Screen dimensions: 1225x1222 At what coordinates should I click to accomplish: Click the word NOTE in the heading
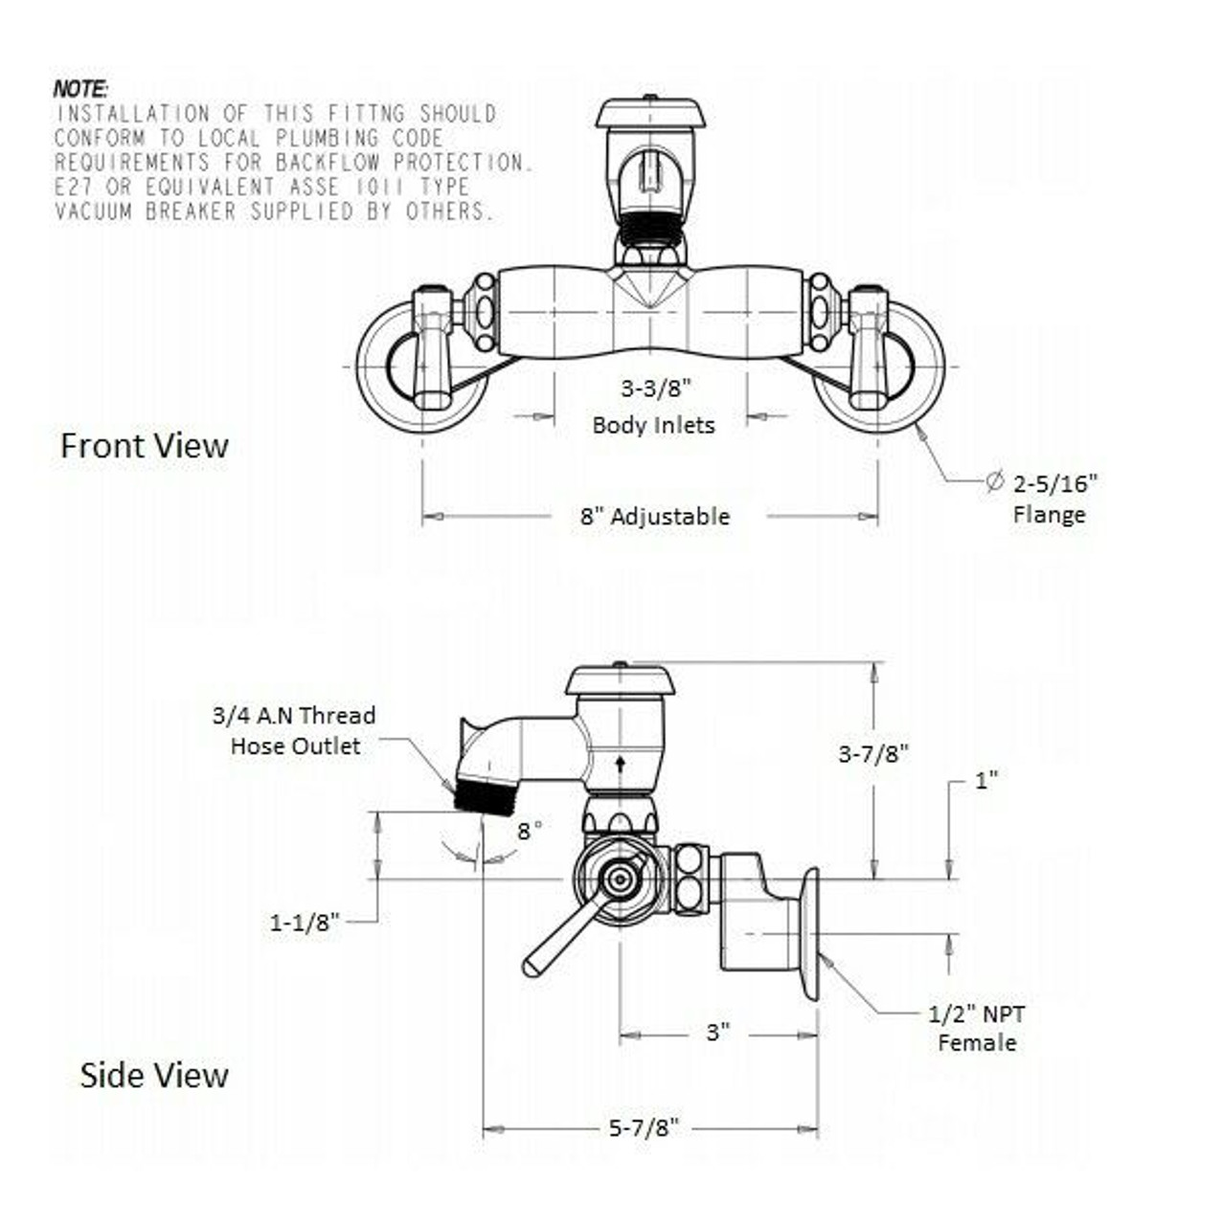pos(80,89)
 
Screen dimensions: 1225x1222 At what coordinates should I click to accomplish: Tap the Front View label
pos(145,446)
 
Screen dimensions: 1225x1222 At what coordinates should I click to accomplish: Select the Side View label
pos(154,1075)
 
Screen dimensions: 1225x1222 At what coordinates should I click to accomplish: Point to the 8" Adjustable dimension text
pos(655,517)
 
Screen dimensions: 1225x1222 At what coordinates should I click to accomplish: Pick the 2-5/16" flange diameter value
pos(1054,483)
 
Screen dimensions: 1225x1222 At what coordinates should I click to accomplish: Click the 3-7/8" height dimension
pos(873,753)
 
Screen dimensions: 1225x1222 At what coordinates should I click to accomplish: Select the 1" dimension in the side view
pos(986,780)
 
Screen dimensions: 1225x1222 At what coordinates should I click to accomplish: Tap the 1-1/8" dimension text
pos(305,923)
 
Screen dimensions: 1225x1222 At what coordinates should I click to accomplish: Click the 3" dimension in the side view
pos(718,1033)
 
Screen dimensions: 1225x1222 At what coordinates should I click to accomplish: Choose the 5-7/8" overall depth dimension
pos(644,1128)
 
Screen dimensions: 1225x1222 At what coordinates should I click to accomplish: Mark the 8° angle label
pos(530,831)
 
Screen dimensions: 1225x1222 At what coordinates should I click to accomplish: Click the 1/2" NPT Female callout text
pos(977,1028)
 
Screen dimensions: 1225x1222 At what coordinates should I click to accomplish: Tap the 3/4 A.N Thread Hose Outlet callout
pos(295,731)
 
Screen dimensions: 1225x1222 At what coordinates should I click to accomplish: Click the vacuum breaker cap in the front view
pos(650,113)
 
